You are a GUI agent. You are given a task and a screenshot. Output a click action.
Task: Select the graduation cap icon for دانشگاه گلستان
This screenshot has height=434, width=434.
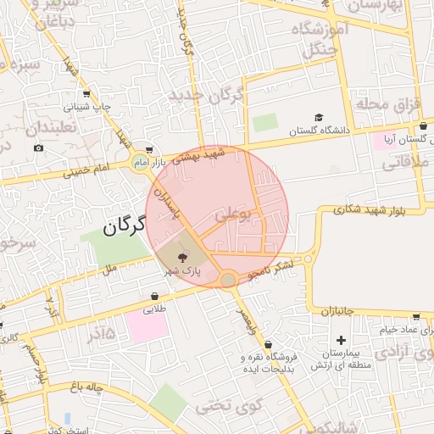tap(319, 118)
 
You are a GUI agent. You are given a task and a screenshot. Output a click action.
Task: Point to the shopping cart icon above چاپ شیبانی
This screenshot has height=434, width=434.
tap(86, 95)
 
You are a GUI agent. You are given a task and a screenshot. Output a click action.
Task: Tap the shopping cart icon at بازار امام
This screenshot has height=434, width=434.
tap(150, 148)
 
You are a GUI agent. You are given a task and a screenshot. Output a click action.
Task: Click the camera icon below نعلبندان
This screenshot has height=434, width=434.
tap(38, 148)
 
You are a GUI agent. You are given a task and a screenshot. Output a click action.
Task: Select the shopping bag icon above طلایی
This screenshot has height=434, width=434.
tap(154, 297)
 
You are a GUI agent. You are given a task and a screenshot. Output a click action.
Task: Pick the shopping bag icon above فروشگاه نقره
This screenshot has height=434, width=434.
tap(269, 345)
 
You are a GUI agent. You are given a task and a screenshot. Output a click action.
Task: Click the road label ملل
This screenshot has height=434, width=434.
tap(108, 270)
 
